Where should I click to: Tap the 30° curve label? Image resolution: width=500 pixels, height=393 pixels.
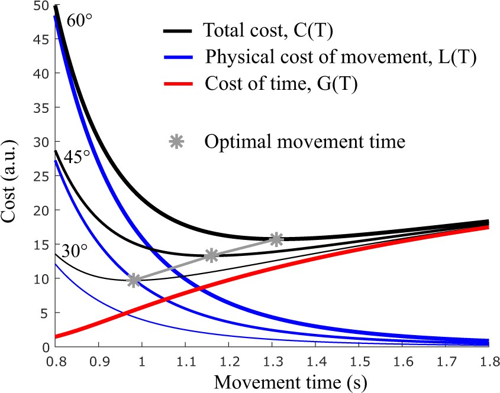click(75, 251)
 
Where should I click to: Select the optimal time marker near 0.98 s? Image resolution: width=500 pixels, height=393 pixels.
click(134, 280)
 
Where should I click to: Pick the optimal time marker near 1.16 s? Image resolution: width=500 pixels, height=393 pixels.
click(211, 255)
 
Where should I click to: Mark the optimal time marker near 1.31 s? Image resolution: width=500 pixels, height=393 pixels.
click(276, 239)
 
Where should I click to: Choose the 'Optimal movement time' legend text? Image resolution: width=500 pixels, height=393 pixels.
click(304, 142)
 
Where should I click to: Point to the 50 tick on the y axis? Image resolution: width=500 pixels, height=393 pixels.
click(42, 6)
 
